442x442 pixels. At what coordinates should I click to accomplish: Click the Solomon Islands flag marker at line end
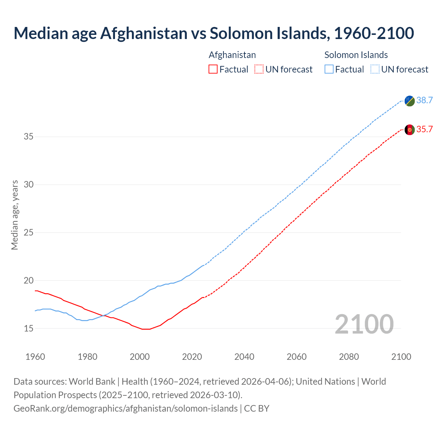coord(410,101)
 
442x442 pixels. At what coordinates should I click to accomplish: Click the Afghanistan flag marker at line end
coord(410,130)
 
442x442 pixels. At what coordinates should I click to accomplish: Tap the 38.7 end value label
coord(424,100)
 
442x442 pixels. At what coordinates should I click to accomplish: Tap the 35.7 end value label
coord(424,129)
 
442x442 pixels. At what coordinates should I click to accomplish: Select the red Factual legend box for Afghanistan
coord(213,69)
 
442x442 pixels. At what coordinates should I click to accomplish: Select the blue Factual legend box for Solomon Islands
coord(329,69)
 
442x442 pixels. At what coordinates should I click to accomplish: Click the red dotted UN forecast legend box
coord(259,69)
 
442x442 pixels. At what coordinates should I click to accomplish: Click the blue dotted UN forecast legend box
coord(375,69)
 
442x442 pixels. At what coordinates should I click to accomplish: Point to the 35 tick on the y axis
coord(28,137)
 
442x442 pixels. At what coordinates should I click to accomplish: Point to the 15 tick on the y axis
coord(28,328)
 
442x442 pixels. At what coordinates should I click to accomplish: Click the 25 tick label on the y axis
coord(28,233)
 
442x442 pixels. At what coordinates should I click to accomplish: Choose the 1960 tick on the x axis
coord(35,357)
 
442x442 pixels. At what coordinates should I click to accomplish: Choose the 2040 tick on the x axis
coord(244,357)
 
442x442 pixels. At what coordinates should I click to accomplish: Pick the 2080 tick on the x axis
coord(349,357)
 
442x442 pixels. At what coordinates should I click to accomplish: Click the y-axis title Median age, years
coord(15,215)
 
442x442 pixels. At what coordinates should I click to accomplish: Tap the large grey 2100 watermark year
coord(364,324)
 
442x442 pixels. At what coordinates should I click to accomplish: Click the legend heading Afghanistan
coord(232,55)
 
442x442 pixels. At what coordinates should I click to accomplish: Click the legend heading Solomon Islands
coord(356,55)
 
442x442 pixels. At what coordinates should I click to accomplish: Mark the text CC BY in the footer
coord(257,409)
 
